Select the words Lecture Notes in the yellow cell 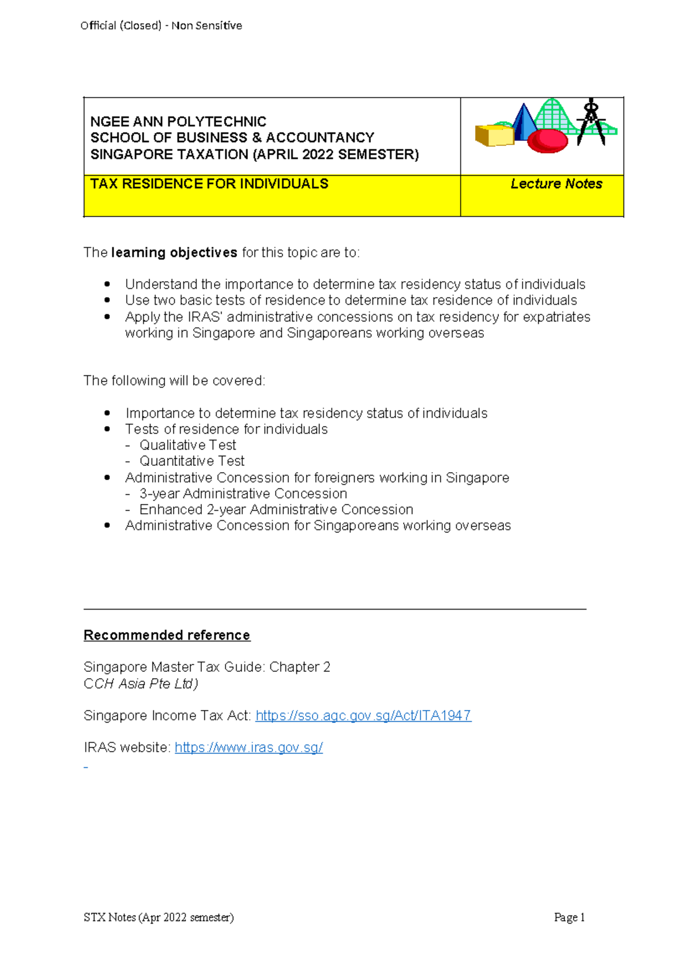(556, 184)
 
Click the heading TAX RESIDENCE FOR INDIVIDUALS (209, 184)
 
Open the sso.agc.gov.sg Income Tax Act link (363, 715)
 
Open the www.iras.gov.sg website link (249, 747)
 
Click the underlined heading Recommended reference (167, 635)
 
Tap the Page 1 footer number (569, 917)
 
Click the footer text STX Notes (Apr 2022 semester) (159, 917)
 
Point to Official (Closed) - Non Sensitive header (161, 25)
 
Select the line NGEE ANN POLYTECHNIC (178, 122)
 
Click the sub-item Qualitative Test (187, 445)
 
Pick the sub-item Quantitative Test (191, 461)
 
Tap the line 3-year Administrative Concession (243, 494)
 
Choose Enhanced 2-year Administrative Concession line (276, 510)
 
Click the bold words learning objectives (174, 252)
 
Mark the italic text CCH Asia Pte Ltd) (141, 683)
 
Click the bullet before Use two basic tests (107, 300)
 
